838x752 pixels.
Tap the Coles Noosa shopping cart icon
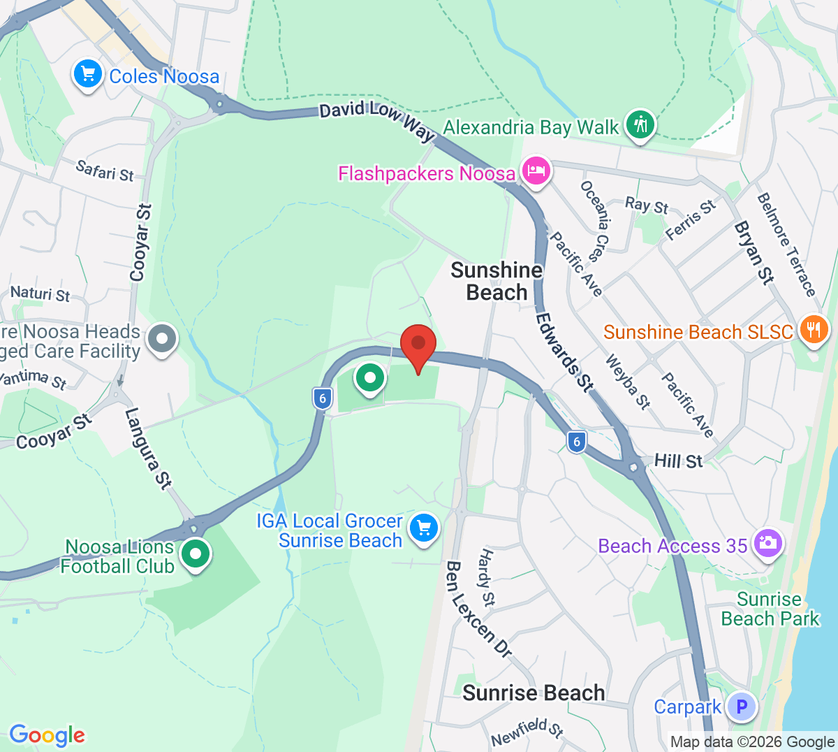point(88,74)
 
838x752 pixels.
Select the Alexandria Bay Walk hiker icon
point(640,124)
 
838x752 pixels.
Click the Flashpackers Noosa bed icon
point(536,171)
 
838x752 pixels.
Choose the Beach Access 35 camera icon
point(767,543)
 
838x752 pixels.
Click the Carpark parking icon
point(742,707)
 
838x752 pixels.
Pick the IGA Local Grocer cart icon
point(423,528)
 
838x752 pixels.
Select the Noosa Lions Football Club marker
point(196,554)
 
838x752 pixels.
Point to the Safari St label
point(105,171)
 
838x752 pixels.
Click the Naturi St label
point(41,294)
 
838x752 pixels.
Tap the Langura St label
point(148,447)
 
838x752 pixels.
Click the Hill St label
point(678,461)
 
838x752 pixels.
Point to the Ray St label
point(647,205)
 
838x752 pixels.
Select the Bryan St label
point(754,252)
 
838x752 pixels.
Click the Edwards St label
point(564,351)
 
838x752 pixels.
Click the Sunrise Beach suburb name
point(534,693)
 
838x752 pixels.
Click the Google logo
point(47,735)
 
